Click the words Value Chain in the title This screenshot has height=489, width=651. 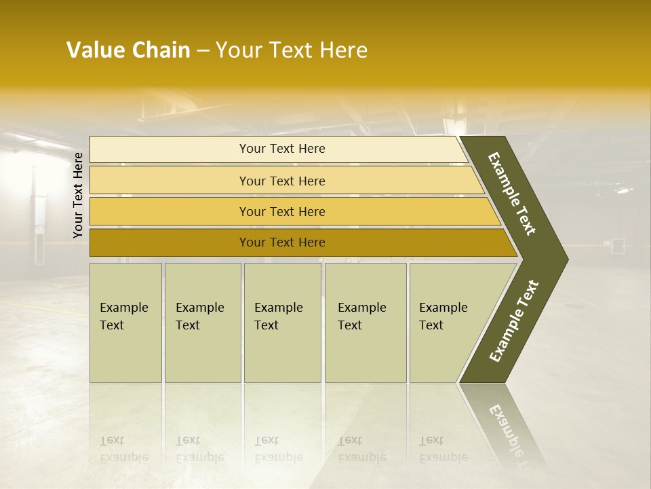tap(128, 50)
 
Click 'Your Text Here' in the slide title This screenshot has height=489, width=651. tap(292, 50)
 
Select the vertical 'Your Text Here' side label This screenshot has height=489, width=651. tap(78, 195)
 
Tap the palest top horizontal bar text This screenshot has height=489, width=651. tap(282, 149)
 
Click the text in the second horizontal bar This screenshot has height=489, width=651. tap(282, 181)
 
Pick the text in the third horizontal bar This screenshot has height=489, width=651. tap(282, 211)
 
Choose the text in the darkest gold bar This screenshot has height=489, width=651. tap(282, 242)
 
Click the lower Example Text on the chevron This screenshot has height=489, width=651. tap(514, 321)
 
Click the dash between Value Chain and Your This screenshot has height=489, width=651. tap(203, 51)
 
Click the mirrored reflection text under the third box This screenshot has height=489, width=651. tap(278, 449)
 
